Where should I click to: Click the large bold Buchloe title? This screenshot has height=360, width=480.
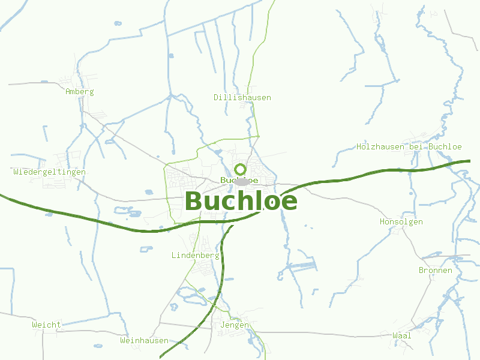pyautogui.click(x=241, y=201)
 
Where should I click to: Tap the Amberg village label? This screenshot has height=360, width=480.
pyautogui.click(x=80, y=92)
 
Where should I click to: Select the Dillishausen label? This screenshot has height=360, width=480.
pyautogui.click(x=242, y=97)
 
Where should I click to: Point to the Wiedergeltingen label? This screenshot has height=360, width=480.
pyautogui.click(x=49, y=172)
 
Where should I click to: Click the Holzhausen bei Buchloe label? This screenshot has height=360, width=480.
pyautogui.click(x=409, y=146)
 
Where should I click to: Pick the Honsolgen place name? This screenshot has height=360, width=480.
pyautogui.click(x=401, y=222)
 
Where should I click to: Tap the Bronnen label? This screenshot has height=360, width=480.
pyautogui.click(x=435, y=271)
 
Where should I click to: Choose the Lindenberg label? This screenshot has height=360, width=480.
pyautogui.click(x=195, y=255)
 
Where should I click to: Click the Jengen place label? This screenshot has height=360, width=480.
pyautogui.click(x=235, y=325)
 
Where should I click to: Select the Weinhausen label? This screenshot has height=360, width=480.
pyautogui.click(x=144, y=340)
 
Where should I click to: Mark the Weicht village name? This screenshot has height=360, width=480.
pyautogui.click(x=46, y=325)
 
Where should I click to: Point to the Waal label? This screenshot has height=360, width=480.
pyautogui.click(x=401, y=335)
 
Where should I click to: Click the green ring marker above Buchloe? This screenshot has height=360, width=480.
pyautogui.click(x=240, y=169)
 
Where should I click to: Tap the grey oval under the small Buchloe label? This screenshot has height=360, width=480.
pyautogui.click(x=241, y=182)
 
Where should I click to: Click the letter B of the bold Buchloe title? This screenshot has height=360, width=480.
pyautogui.click(x=194, y=201)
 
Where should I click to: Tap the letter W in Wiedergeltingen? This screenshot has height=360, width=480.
pyautogui.click(x=16, y=172)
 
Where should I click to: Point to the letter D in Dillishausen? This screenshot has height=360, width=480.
pyautogui.click(x=217, y=97)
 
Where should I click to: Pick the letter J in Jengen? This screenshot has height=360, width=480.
pyautogui.click(x=223, y=325)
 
